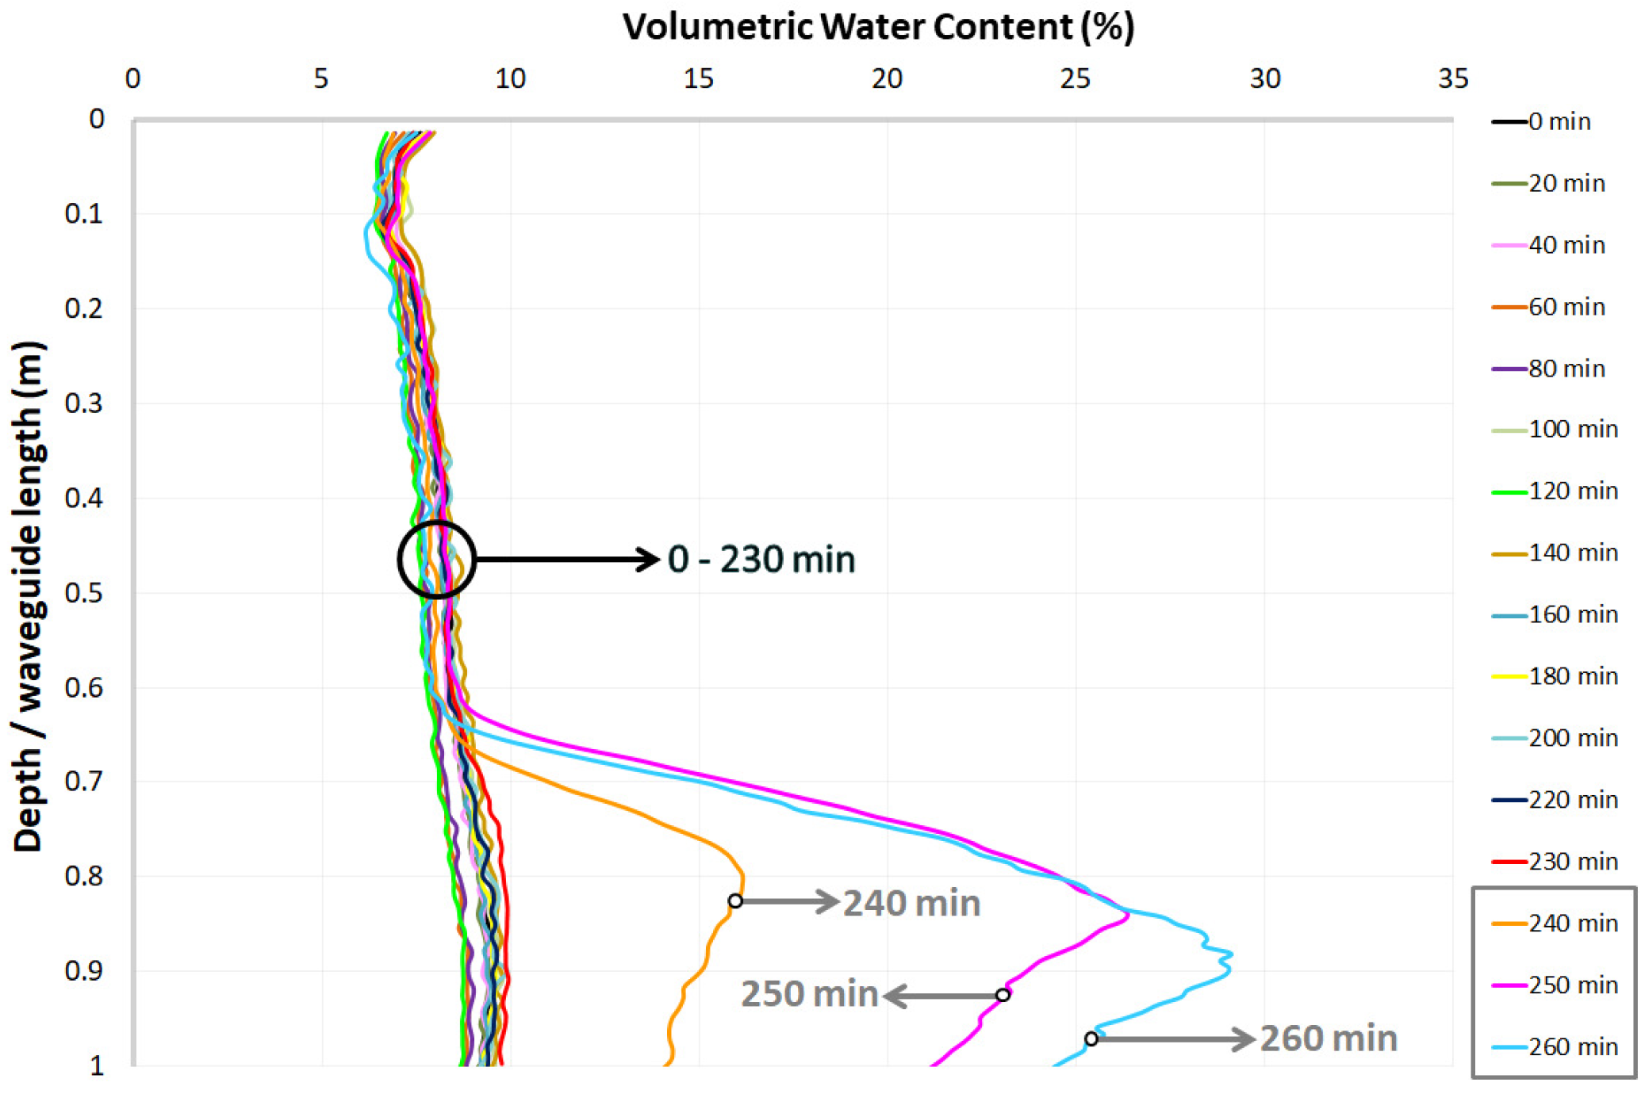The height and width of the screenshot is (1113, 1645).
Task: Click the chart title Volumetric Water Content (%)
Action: coord(878,27)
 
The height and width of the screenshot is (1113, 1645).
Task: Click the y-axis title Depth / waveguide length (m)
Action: coord(29,596)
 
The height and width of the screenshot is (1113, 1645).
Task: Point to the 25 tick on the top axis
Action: coord(1075,78)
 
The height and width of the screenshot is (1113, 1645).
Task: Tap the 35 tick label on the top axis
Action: coord(1453,78)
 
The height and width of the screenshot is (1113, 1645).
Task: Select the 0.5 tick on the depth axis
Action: coord(84,593)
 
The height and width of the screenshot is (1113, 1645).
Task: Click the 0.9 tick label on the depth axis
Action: coord(84,971)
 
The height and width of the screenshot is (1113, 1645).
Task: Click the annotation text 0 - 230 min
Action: coord(761,560)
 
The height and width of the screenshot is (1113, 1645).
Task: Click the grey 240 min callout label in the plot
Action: coord(911,904)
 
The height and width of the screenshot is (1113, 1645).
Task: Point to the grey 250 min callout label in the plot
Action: coord(809,994)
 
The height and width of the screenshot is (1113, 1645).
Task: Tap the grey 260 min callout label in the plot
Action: coord(1329,1038)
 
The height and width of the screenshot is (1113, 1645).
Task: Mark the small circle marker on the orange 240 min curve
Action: coord(735,901)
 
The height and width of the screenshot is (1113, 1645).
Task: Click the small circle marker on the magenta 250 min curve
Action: coord(1003,995)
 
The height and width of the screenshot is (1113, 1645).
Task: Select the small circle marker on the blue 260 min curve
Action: coord(1091,1038)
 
